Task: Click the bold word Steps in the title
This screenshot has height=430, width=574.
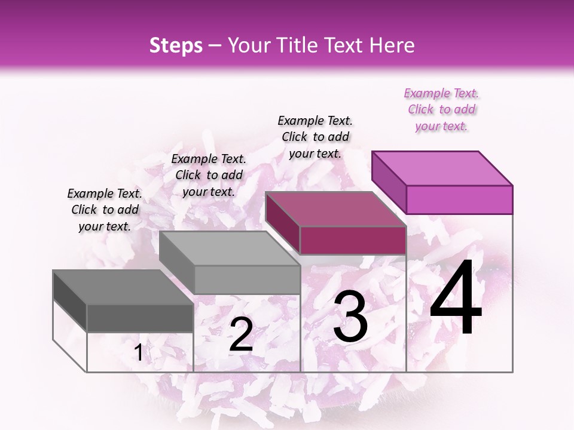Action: tap(176, 45)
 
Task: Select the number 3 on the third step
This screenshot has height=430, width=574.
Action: tap(350, 319)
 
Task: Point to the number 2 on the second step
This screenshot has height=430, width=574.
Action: tap(241, 334)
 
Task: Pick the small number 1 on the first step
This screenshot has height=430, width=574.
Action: tap(138, 353)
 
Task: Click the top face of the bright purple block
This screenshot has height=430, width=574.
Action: tap(441, 168)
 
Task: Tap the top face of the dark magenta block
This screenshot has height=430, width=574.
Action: tap(335, 209)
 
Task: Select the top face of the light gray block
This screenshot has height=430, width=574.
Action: tap(229, 248)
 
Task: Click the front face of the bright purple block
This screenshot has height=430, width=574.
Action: tap(459, 199)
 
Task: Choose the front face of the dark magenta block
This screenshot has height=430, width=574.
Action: tap(353, 240)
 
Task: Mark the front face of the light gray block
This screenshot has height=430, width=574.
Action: tap(247, 279)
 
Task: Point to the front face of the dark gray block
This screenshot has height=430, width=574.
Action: tap(141, 318)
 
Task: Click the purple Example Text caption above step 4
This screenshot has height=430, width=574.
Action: tap(441, 110)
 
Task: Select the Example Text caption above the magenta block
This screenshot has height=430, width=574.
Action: tap(315, 137)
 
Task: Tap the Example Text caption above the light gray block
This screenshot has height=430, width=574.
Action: tap(209, 176)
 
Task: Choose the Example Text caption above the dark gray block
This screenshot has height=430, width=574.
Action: tap(105, 210)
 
